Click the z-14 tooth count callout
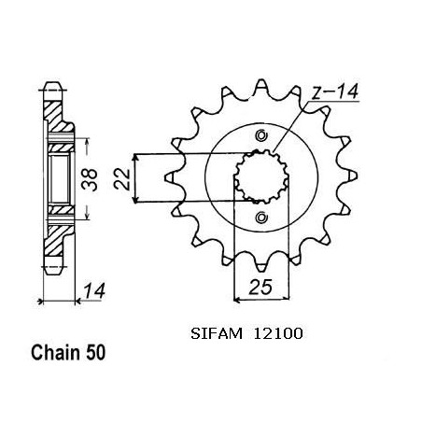click(x=335, y=91)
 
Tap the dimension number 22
click(x=121, y=179)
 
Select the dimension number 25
click(x=260, y=287)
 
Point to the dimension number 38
click(x=90, y=179)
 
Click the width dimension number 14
click(x=94, y=290)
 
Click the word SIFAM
click(x=217, y=334)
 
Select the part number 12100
click(x=278, y=334)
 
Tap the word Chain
click(x=56, y=353)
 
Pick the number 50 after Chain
click(x=96, y=353)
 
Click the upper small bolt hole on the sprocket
click(x=261, y=135)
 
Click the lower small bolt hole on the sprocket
click(x=260, y=217)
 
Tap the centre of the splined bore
click(x=261, y=176)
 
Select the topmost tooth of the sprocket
click(x=260, y=85)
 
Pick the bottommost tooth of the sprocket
click(x=260, y=267)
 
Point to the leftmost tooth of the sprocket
click(x=170, y=177)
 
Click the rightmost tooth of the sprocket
click(x=352, y=176)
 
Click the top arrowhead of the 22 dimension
click(x=134, y=157)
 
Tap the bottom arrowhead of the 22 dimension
click(x=134, y=200)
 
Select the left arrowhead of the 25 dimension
click(x=237, y=301)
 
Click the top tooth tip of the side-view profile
click(x=53, y=83)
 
